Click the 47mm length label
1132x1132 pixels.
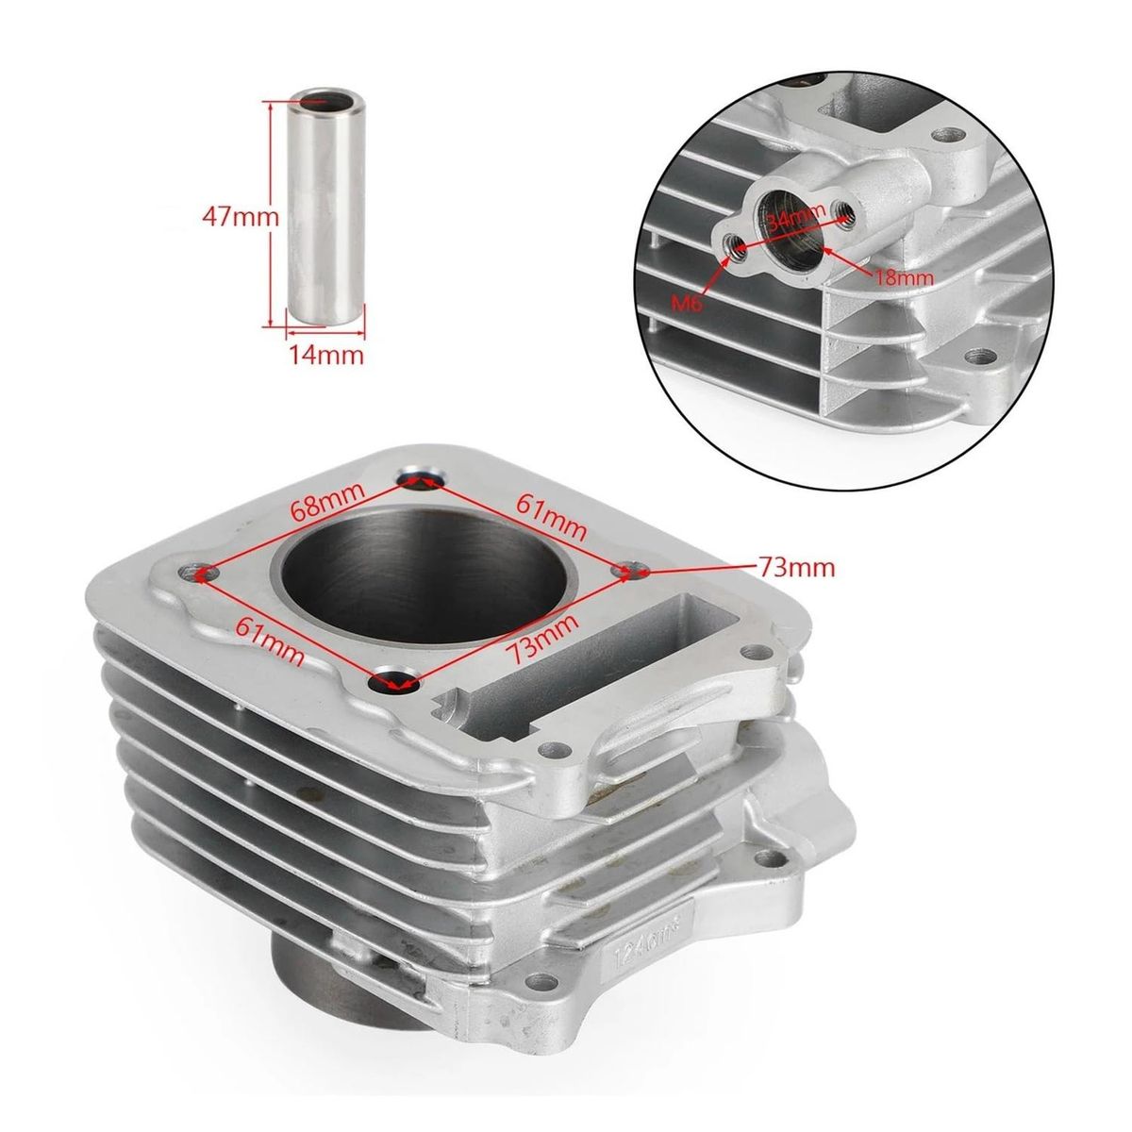tap(241, 216)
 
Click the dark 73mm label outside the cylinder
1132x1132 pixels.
tap(796, 567)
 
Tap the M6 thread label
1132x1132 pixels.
tap(695, 302)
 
